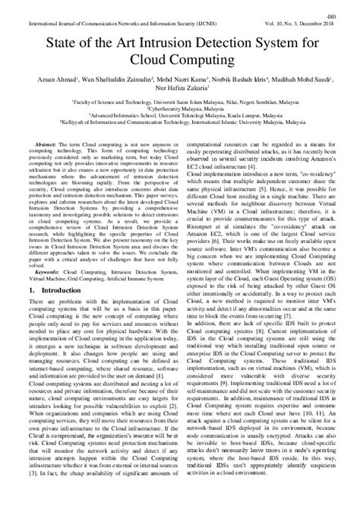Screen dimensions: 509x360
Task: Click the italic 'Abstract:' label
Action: coord(43,143)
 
